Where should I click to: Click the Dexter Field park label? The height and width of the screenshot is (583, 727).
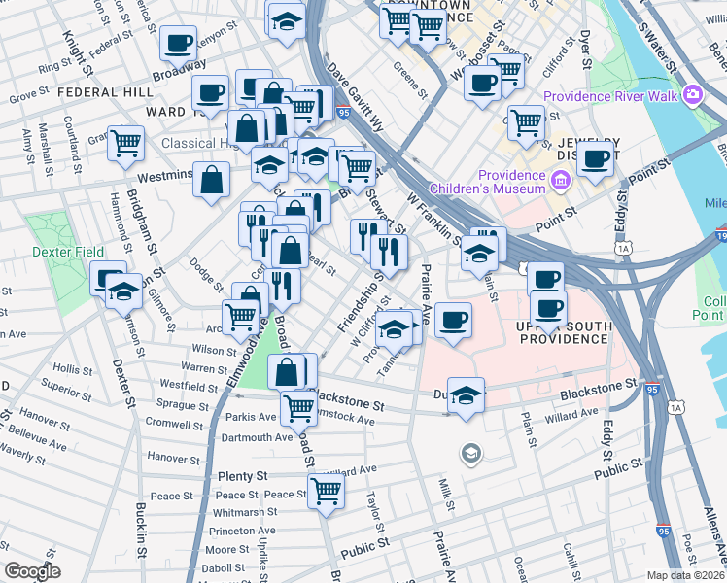[x=67, y=252]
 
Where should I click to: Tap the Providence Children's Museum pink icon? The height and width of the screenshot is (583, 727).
[x=560, y=181]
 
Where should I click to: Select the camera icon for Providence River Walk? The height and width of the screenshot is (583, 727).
[x=693, y=95]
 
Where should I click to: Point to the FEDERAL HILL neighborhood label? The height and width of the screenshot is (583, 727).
[x=105, y=92]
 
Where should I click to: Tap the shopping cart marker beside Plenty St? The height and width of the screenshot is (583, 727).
[x=327, y=491]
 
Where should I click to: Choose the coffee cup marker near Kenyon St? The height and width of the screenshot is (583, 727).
[x=179, y=43]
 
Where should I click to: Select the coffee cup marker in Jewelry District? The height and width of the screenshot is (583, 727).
[x=596, y=157]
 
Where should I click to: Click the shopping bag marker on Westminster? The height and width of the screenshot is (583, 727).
[x=211, y=179]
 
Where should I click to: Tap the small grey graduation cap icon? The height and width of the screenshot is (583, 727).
[x=471, y=453]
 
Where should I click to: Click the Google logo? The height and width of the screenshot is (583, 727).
[x=32, y=571]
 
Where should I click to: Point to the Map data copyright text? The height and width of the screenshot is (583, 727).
[x=686, y=575]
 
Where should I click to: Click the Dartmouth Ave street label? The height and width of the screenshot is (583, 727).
[x=258, y=437]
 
